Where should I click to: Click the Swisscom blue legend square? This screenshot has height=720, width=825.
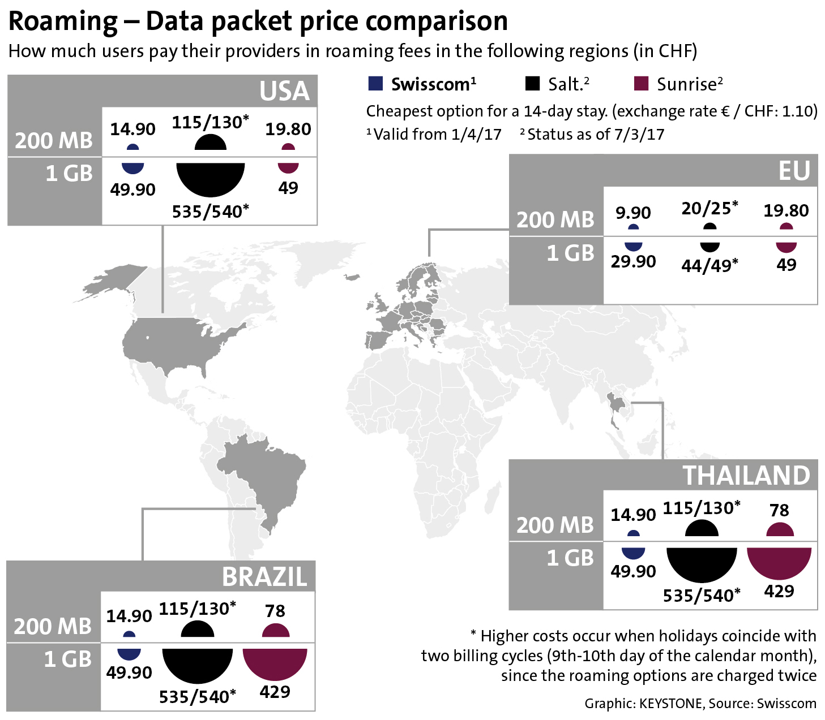(x=375, y=84)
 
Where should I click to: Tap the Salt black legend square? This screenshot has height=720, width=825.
(x=532, y=84)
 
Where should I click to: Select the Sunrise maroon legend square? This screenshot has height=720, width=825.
(x=640, y=84)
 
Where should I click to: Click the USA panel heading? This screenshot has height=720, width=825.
(x=284, y=91)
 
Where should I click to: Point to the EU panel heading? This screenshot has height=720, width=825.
(x=794, y=171)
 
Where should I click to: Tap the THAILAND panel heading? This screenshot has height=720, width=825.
(x=746, y=476)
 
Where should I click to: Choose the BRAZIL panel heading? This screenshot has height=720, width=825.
(x=264, y=577)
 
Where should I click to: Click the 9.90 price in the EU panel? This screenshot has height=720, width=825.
(x=633, y=213)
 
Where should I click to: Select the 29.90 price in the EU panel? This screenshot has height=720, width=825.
(x=633, y=261)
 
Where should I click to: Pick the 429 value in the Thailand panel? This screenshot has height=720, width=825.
(x=779, y=591)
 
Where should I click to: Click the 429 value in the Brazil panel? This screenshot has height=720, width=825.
(x=275, y=692)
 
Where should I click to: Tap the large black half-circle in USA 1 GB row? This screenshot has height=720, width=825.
(x=210, y=178)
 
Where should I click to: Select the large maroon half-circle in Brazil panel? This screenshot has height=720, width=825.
(x=275, y=662)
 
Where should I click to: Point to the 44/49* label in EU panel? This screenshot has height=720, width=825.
(x=709, y=265)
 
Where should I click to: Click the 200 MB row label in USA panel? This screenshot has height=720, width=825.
(x=54, y=140)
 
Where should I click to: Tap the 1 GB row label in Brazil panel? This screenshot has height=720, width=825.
(x=67, y=659)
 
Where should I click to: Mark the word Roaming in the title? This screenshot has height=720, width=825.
(x=63, y=21)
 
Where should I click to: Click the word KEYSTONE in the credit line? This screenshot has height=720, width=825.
(x=670, y=704)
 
